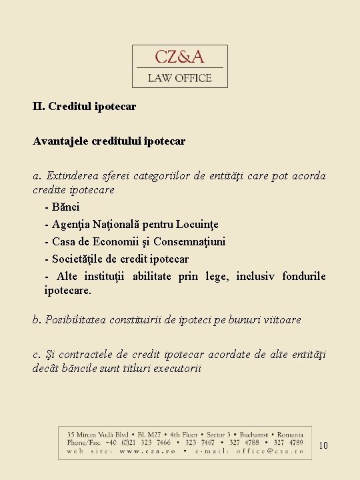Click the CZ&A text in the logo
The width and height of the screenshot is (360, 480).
tap(180, 57)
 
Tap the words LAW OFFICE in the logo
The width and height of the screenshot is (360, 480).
tap(180, 78)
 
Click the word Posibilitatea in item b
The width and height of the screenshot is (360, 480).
tap(77, 320)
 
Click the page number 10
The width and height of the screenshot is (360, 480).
tap(323, 445)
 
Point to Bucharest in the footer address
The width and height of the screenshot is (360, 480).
tap(245, 433)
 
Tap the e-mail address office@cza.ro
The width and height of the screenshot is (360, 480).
tap(269, 451)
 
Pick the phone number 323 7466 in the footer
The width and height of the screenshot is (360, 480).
tap(155, 442)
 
